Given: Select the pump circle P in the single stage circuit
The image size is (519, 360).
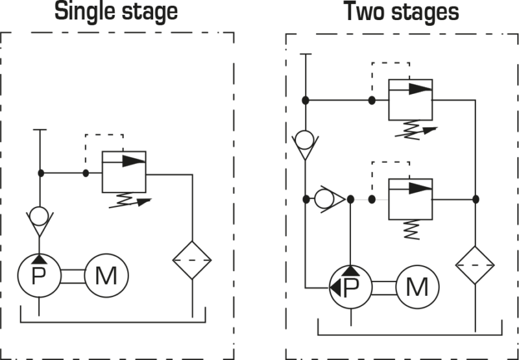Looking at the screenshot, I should click(x=40, y=276).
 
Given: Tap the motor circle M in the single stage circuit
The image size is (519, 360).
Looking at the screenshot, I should click(x=106, y=276).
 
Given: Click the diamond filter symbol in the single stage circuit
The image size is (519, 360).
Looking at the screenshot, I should click(x=193, y=259).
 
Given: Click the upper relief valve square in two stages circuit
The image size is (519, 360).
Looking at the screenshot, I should click(x=409, y=99).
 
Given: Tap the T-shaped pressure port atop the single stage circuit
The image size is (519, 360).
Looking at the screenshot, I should click(x=40, y=132).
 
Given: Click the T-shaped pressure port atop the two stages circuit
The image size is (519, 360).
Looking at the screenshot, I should click(x=304, y=56).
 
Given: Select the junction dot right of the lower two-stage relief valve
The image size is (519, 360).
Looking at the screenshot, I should click(x=476, y=198).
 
